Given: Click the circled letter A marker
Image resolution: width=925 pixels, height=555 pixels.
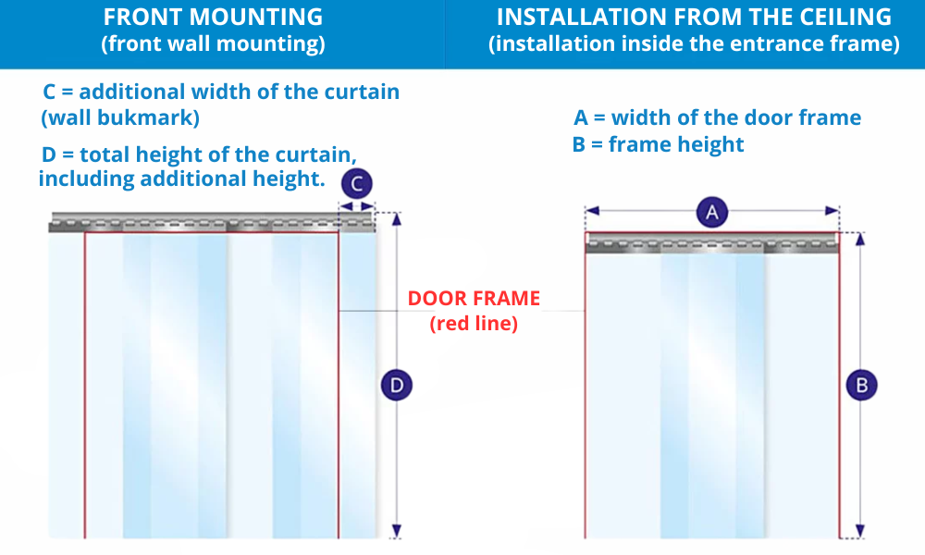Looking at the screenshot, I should tap(712, 213).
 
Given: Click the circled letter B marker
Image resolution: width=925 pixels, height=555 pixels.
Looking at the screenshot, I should tap(861, 385).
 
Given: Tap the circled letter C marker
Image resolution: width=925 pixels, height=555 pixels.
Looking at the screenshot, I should tap(356, 184).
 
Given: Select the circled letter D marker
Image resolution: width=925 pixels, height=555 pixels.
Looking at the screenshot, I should tap(397, 385).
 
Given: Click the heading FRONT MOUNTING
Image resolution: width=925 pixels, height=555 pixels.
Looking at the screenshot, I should tap(213, 17).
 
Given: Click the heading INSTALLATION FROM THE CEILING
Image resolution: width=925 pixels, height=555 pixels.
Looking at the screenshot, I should tap(694, 17).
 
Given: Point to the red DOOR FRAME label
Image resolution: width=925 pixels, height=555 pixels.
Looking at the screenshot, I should tap(474, 299).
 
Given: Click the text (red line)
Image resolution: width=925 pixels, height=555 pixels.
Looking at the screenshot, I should tap(474, 323).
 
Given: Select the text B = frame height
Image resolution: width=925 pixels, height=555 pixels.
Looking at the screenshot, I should tap(658, 144).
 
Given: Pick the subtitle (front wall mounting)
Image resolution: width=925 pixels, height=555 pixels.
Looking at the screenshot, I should tap(213, 44).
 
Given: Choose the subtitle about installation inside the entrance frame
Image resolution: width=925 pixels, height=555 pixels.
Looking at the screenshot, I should tap(694, 44).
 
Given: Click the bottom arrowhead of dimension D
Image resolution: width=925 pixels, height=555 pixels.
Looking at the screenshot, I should tap(397, 531).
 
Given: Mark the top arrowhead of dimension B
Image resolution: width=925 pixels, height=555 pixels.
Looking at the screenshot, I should tap(861, 238).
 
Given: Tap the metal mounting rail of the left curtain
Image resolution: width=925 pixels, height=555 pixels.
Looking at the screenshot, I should tap(213, 222).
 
